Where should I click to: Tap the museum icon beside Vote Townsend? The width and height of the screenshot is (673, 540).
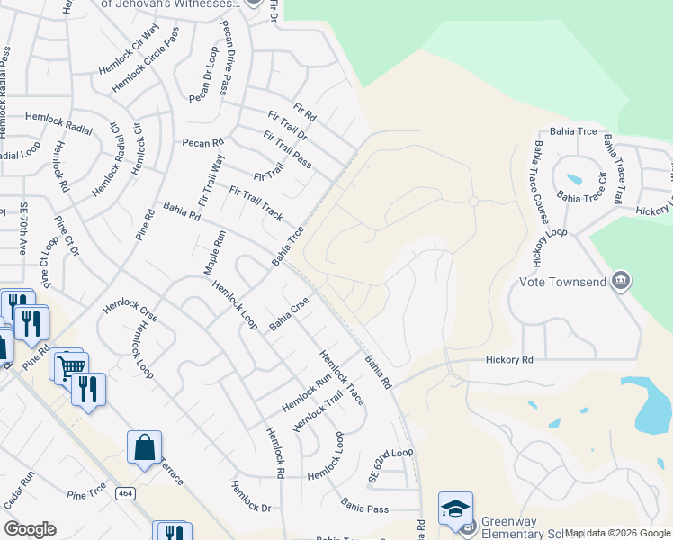tap(620, 282)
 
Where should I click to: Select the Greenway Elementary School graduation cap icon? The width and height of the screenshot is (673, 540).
tap(455, 508)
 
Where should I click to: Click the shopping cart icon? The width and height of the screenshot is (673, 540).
tap(71, 365)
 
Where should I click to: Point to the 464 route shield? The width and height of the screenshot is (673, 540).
tap(124, 492)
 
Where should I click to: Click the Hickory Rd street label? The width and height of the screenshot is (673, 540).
tap(510, 360)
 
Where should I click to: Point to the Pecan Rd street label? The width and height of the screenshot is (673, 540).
tap(202, 142)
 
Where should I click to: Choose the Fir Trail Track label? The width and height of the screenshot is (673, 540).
tap(256, 203)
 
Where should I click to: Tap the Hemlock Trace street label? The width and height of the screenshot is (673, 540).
tap(342, 375)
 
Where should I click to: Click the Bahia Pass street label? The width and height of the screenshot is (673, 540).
tap(364, 507)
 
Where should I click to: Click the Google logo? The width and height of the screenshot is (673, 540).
tap(31, 529)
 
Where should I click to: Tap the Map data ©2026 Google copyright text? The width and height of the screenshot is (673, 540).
tap(617, 533)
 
